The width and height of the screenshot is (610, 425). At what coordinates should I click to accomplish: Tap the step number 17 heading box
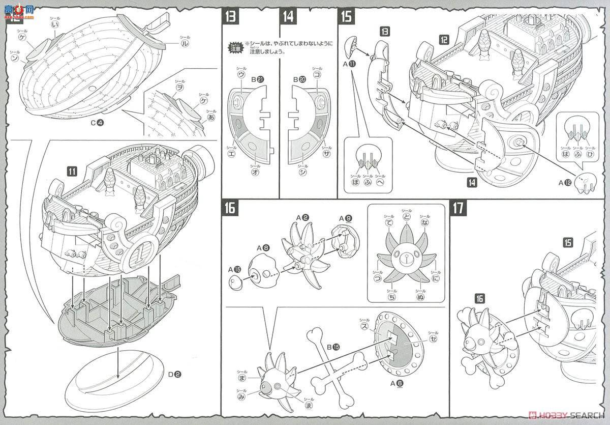(x=459, y=208)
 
